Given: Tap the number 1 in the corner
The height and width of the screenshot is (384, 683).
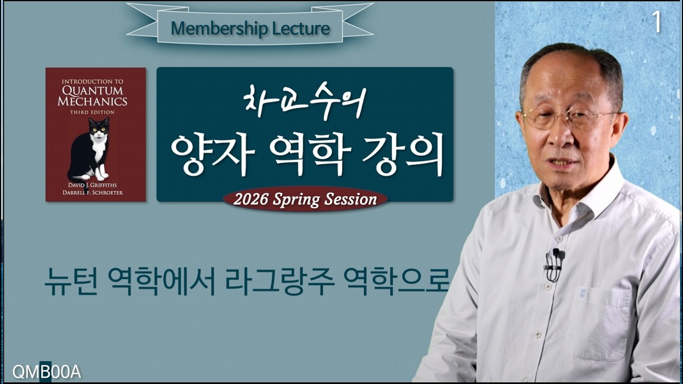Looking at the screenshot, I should point(656,22).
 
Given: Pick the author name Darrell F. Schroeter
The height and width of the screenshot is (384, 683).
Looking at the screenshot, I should point(95,193).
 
